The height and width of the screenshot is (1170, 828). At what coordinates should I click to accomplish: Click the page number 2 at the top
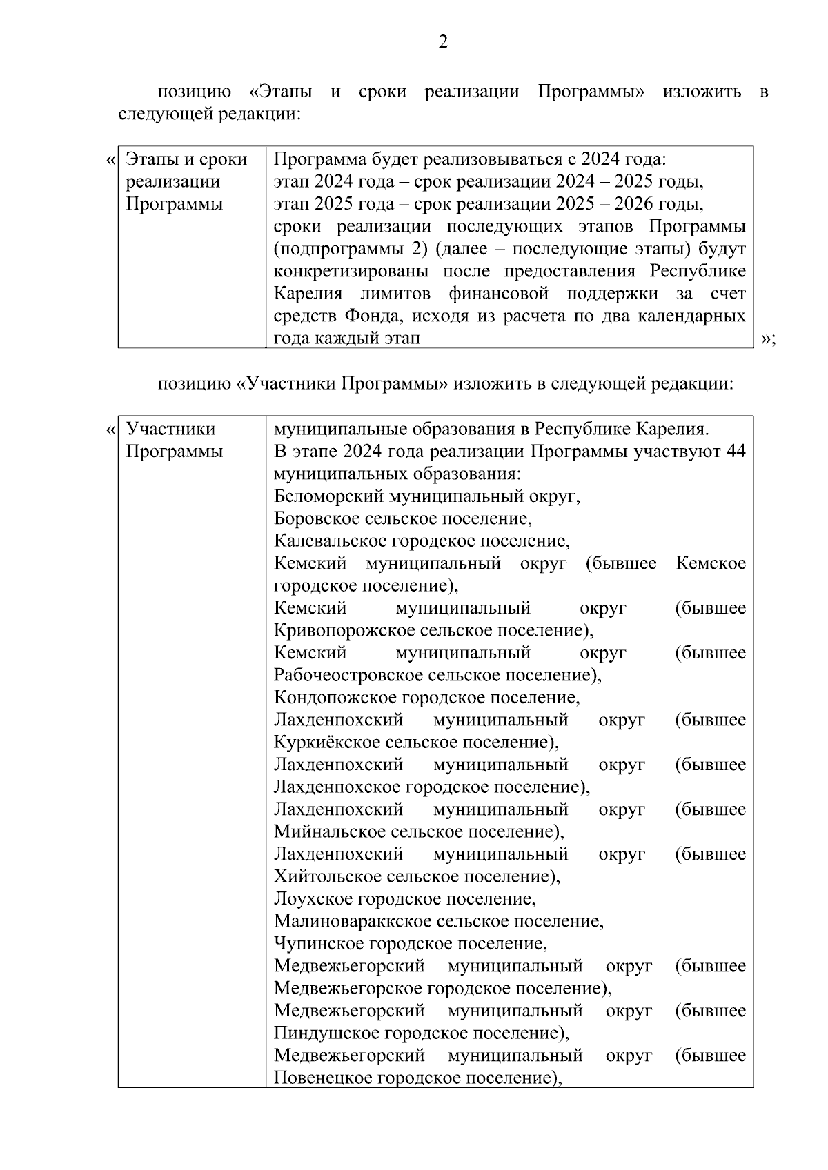pyautogui.click(x=443, y=43)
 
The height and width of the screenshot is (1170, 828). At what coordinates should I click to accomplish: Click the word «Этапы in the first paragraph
pyautogui.click(x=280, y=92)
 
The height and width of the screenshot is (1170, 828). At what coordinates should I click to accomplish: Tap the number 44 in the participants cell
pyautogui.click(x=736, y=452)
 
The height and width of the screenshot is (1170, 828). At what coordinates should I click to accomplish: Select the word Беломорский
pyautogui.click(x=329, y=496)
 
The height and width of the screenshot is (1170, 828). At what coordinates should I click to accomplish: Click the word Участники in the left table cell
pyautogui.click(x=170, y=430)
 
